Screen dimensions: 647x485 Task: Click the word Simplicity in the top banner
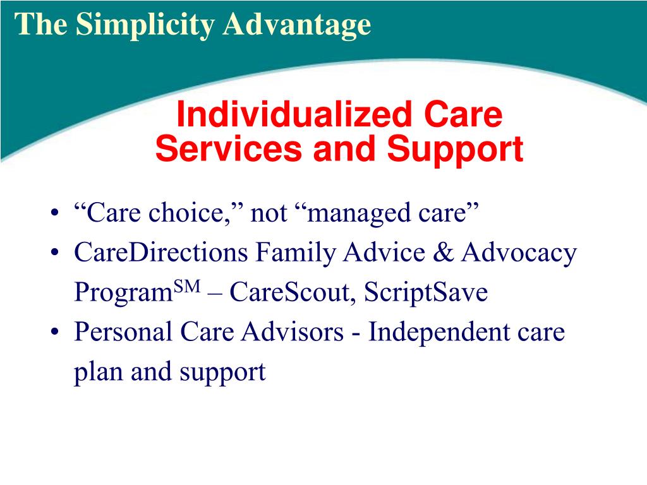(145, 25)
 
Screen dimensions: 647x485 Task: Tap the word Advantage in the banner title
(297, 25)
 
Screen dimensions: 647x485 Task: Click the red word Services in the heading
(229, 149)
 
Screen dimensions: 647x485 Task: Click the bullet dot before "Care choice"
(54, 213)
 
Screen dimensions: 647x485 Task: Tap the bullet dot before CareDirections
(54, 253)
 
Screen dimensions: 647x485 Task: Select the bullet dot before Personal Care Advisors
(54, 332)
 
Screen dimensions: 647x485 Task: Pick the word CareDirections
(161, 252)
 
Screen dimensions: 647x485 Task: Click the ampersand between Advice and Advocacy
(443, 252)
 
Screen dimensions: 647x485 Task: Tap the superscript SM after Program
(187, 286)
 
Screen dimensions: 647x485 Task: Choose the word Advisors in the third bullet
(293, 332)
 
